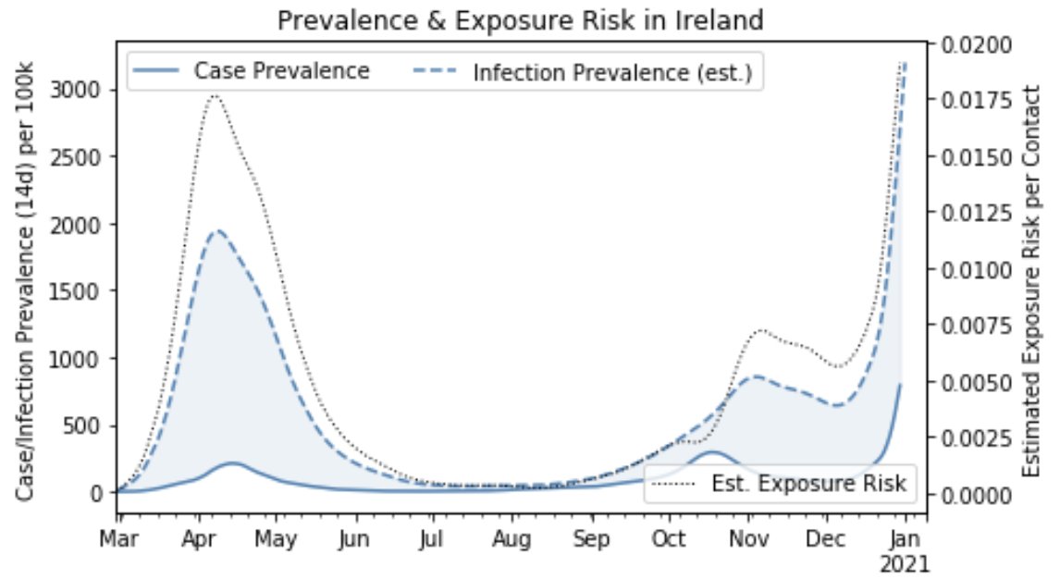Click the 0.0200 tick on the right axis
pos(977,44)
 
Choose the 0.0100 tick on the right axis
pos(977,270)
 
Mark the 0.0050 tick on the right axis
pos(977,382)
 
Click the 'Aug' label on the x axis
pos(511,540)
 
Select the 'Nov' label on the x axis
pos(749,540)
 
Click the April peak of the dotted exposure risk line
pos(214,95)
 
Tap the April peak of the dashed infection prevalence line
pos(216,230)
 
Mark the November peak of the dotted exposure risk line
pos(760,329)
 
